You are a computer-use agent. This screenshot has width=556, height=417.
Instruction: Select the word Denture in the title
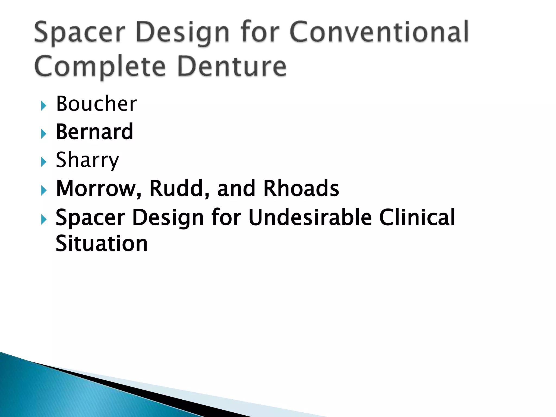coord(232,66)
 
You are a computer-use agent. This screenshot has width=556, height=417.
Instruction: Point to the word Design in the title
coord(182,33)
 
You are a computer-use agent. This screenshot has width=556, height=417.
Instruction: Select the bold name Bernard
coord(94,132)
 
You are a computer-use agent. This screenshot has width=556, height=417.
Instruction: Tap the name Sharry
coord(87,160)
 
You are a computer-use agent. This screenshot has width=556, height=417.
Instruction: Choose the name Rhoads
coord(301,188)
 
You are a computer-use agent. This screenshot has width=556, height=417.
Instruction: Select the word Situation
coord(102,244)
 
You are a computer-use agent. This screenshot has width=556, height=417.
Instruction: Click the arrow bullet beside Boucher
coord(44,106)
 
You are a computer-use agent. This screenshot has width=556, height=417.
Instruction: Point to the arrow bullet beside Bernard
coord(44,134)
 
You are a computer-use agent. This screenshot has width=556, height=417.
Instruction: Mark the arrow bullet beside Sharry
coord(44,162)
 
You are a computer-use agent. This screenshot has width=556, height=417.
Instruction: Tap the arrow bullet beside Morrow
coord(44,190)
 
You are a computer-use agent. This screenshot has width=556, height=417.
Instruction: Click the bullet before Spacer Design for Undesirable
coord(44,219)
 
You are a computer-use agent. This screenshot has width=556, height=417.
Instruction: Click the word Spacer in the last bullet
coord(90,218)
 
